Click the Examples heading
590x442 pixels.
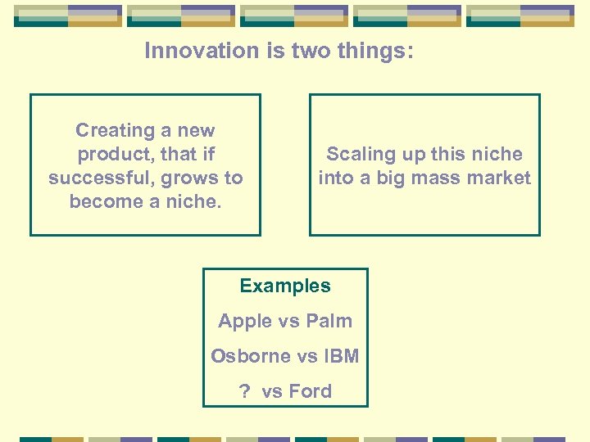point(285,286)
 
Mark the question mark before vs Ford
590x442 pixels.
point(244,391)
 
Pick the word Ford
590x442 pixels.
point(310,391)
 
